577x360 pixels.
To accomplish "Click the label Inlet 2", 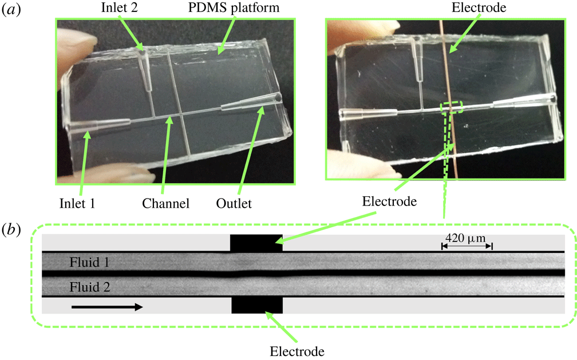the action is [x=120, y=7].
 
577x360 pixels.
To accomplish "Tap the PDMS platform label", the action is [x=234, y=7].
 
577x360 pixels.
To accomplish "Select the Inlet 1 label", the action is [x=77, y=203].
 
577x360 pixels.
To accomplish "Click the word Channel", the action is [x=165, y=203].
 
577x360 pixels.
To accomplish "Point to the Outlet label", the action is [x=234, y=203].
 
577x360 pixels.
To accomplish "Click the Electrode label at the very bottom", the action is [x=297, y=351].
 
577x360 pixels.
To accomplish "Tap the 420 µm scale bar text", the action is [x=465, y=238].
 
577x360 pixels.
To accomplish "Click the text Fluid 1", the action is [x=89, y=262].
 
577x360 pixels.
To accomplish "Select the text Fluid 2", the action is [x=90, y=287].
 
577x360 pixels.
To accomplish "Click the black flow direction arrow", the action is [x=107, y=307].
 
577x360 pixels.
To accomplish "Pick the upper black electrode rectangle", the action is [x=256, y=243].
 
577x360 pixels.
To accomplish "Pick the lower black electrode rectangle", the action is [x=257, y=305].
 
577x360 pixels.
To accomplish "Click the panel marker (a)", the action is [x=11, y=9].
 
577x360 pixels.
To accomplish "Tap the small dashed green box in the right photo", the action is [x=452, y=107].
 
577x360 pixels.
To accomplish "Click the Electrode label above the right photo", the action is [x=479, y=7].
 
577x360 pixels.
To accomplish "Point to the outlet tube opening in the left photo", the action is [x=277, y=97].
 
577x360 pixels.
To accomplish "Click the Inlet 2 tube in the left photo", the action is [x=145, y=70].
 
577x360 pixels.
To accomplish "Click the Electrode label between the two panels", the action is [x=389, y=201].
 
